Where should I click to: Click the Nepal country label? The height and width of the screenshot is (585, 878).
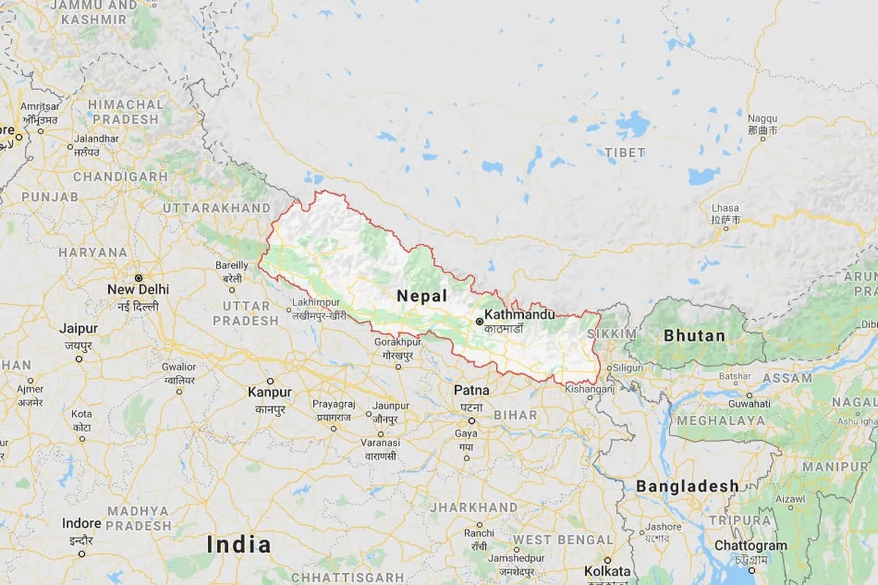point(421,296)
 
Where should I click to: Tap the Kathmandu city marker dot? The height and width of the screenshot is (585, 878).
point(479,321)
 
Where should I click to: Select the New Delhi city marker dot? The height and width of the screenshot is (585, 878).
point(138,277)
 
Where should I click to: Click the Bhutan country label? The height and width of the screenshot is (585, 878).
point(694,336)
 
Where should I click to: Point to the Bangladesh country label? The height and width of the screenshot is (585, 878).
point(687,486)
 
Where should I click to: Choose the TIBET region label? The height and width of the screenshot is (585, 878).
point(625,152)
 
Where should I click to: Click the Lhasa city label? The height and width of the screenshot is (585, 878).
point(724,209)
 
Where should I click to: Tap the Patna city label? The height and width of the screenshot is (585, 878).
point(471,390)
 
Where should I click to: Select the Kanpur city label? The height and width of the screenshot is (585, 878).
point(269,392)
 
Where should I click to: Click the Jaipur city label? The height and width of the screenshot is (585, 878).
point(78,329)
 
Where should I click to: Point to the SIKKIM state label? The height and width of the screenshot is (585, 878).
point(616,334)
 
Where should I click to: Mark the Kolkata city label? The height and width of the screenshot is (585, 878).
point(607,570)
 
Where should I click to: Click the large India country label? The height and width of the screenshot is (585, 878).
point(239,544)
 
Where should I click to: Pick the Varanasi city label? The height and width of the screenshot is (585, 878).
point(379,443)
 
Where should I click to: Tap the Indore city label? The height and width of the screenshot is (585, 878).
point(81,523)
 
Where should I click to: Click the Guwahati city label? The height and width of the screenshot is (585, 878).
point(748,403)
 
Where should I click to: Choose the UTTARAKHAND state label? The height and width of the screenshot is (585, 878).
point(216,209)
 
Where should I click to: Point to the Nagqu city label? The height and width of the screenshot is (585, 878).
point(762,119)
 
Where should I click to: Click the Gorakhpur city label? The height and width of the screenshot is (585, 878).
point(397,343)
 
